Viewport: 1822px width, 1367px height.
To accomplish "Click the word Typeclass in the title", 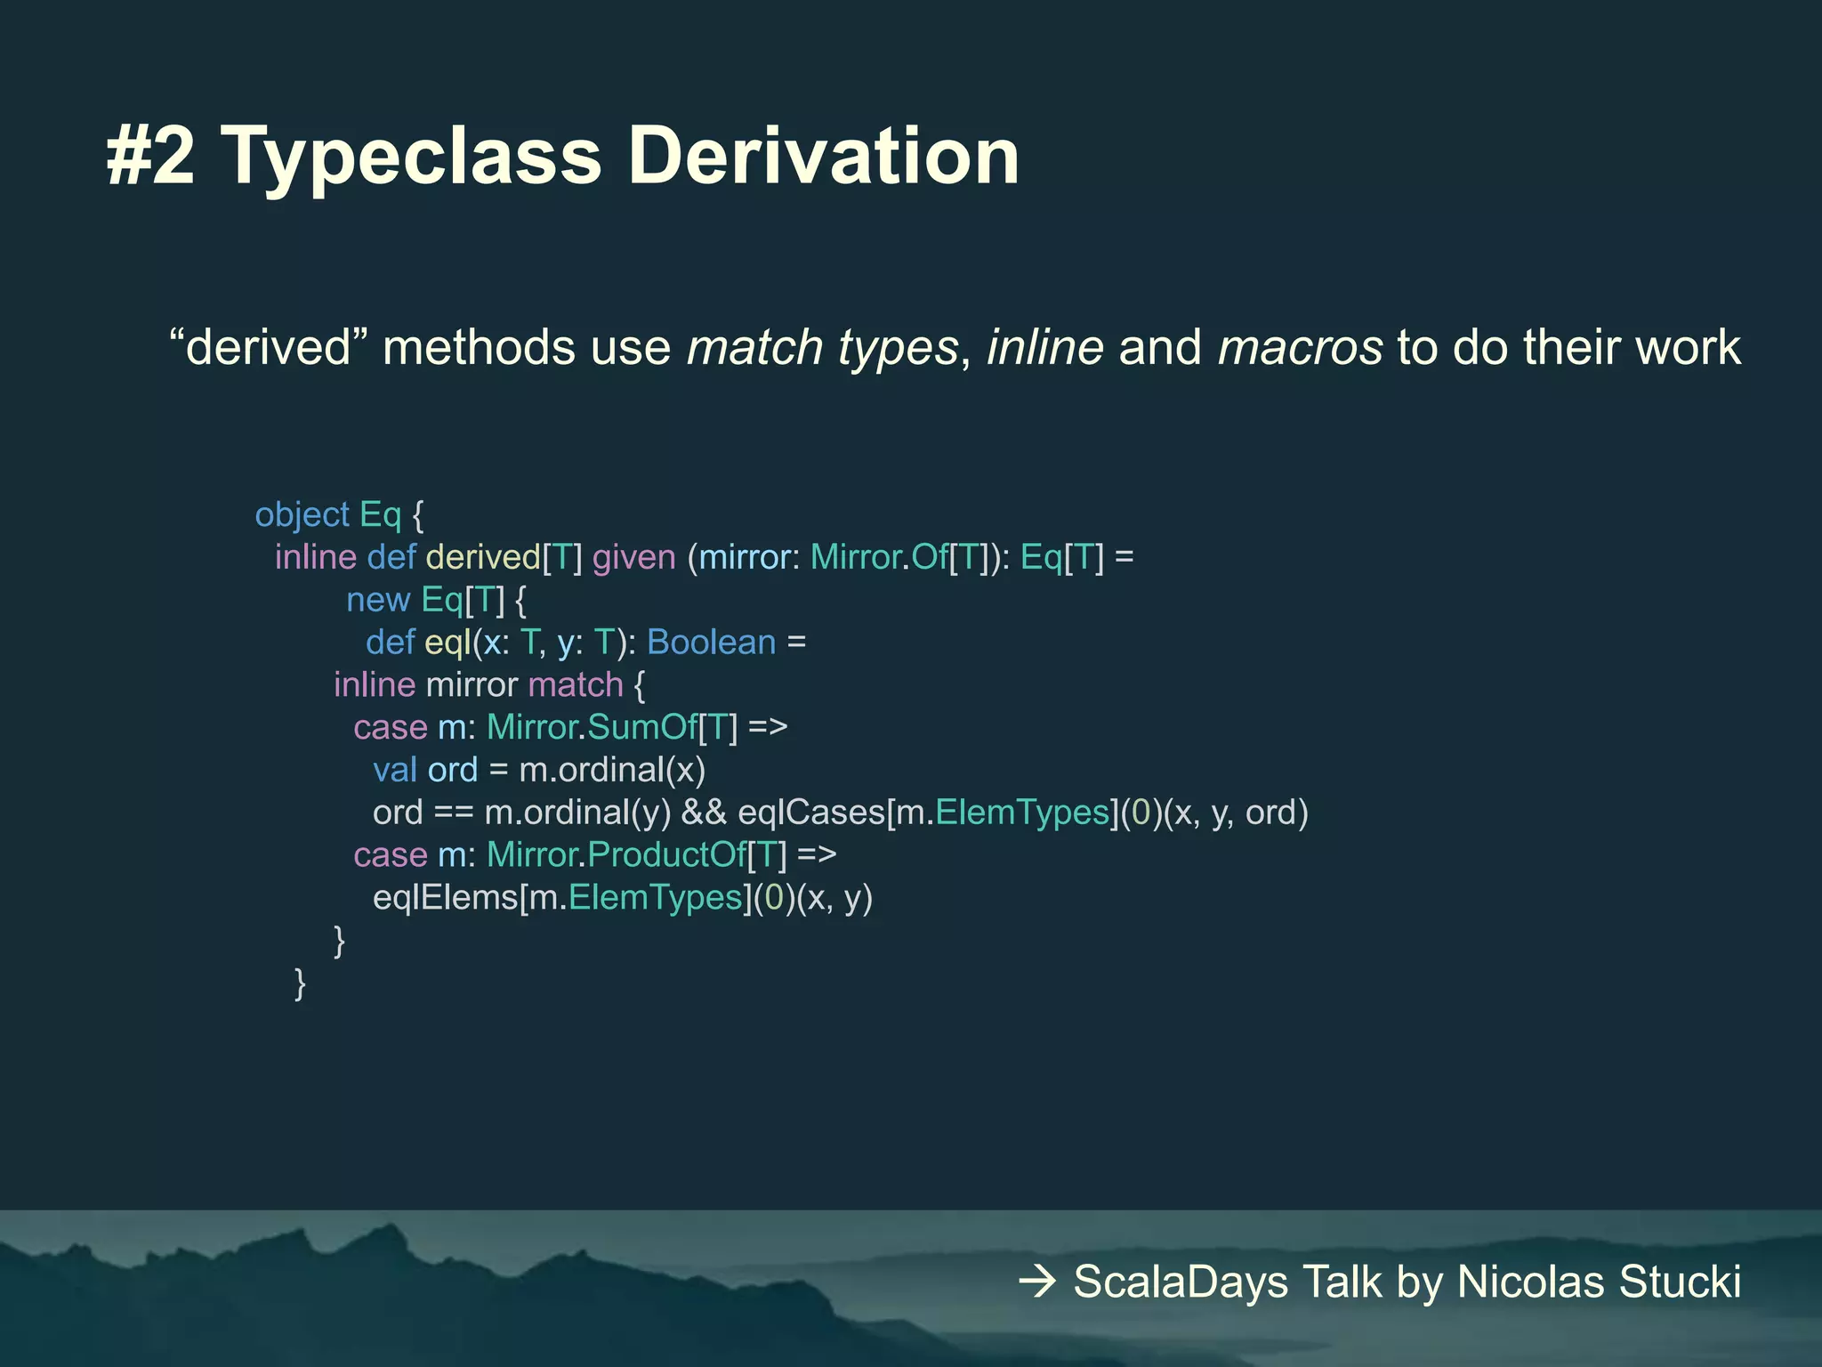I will [410, 158].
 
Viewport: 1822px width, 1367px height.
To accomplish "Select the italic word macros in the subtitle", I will [1300, 347].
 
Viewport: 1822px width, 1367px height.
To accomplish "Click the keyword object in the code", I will [302, 515].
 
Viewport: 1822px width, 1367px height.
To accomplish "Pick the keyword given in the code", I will [634, 558].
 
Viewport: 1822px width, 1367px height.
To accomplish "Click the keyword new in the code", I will [377, 600].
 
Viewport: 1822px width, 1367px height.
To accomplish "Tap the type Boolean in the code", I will [711, 643].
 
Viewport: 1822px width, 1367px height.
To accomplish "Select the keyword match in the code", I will [576, 685].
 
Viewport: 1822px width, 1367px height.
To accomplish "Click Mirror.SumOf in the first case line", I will [592, 728].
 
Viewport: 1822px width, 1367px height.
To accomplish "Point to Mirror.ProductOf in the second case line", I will [616, 855].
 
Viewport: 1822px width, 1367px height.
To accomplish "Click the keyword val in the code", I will [394, 770].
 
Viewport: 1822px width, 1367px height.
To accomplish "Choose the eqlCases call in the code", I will [810, 813].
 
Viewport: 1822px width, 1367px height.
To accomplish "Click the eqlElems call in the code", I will [445, 897].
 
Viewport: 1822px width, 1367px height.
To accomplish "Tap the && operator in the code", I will [704, 813].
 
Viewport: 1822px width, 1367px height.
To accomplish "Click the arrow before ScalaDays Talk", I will [1037, 1282].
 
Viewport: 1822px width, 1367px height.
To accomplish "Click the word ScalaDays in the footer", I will [1181, 1282].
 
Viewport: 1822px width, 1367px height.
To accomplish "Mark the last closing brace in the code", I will [301, 984].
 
